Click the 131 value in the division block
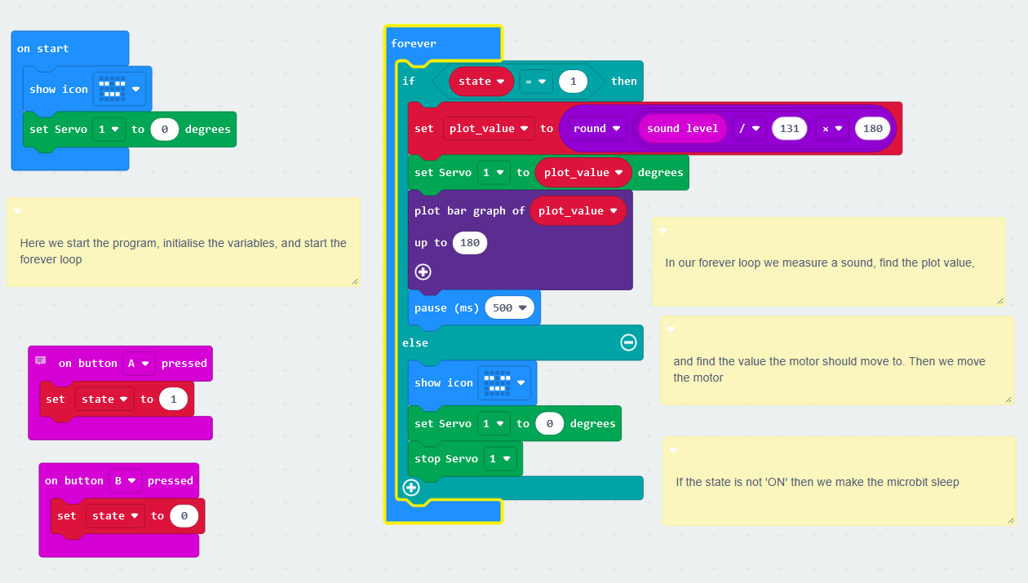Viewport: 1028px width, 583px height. [789, 128]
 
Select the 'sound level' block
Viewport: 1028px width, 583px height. [682, 128]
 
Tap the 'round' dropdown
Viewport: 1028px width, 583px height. [599, 128]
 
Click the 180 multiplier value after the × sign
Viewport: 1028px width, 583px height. [873, 128]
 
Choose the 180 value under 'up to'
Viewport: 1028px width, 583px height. [470, 243]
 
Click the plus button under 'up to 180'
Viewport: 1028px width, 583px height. [423, 272]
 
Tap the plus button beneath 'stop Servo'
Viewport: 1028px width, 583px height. [411, 488]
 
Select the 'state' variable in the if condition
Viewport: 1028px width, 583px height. [481, 81]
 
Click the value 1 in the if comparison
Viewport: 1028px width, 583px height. [573, 81]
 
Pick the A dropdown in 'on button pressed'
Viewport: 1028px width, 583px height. [138, 364]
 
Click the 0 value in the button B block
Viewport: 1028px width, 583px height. [184, 516]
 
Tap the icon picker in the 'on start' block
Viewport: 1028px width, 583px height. [119, 90]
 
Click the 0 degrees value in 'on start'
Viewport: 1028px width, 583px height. [164, 129]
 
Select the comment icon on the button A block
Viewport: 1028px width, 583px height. [41, 361]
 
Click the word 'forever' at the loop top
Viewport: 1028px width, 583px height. [414, 44]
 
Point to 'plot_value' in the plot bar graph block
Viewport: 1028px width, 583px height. [578, 211]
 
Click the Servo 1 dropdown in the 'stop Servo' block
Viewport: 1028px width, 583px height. [499, 459]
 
